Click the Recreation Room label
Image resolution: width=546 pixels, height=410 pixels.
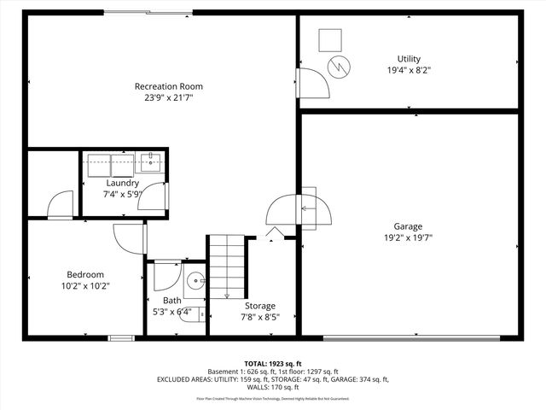[x=168, y=86]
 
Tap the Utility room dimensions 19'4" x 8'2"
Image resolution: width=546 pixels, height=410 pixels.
[x=409, y=71]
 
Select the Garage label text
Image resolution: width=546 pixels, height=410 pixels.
[x=408, y=226]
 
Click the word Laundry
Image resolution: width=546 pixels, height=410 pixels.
[x=122, y=183]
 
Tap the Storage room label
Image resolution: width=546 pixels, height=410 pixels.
[x=260, y=306]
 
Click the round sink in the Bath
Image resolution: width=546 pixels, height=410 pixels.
[x=195, y=279]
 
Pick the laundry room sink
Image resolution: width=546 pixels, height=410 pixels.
[x=151, y=161]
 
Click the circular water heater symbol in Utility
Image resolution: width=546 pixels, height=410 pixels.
[x=340, y=65]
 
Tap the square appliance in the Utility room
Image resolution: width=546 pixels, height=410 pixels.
[x=330, y=39]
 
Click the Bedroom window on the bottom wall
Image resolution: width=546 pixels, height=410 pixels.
[x=120, y=338]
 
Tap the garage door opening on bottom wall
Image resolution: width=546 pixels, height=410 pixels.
[x=412, y=338]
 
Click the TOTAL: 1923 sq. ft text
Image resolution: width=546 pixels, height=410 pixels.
[x=272, y=364]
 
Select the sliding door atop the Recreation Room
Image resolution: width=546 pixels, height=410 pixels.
[x=148, y=12]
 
